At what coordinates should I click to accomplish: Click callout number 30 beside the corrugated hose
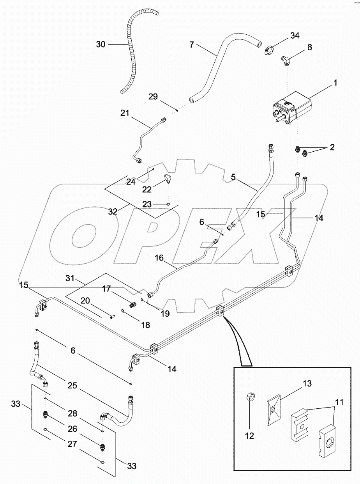[x=101, y=44]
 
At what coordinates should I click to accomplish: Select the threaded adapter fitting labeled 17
[x=133, y=303]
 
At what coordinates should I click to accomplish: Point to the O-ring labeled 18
[x=124, y=311]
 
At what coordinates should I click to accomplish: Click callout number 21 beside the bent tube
[x=125, y=113]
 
